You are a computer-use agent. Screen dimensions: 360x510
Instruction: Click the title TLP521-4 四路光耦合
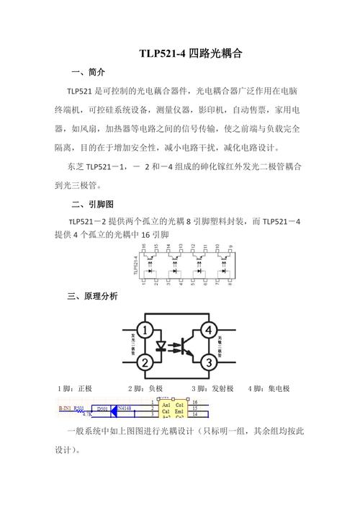coord(191,54)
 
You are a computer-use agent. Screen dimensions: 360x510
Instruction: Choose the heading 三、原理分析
coord(91,296)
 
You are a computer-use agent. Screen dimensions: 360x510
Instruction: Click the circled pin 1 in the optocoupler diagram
coord(145,331)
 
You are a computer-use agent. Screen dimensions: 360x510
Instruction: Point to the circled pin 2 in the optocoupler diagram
coord(145,362)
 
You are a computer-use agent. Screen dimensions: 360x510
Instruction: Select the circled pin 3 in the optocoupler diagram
coord(209,362)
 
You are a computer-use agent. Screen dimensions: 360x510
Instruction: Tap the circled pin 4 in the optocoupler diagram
coord(209,331)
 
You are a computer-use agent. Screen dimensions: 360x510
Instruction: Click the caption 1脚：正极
coord(75,389)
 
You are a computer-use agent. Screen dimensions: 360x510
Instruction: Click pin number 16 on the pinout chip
coord(144,246)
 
